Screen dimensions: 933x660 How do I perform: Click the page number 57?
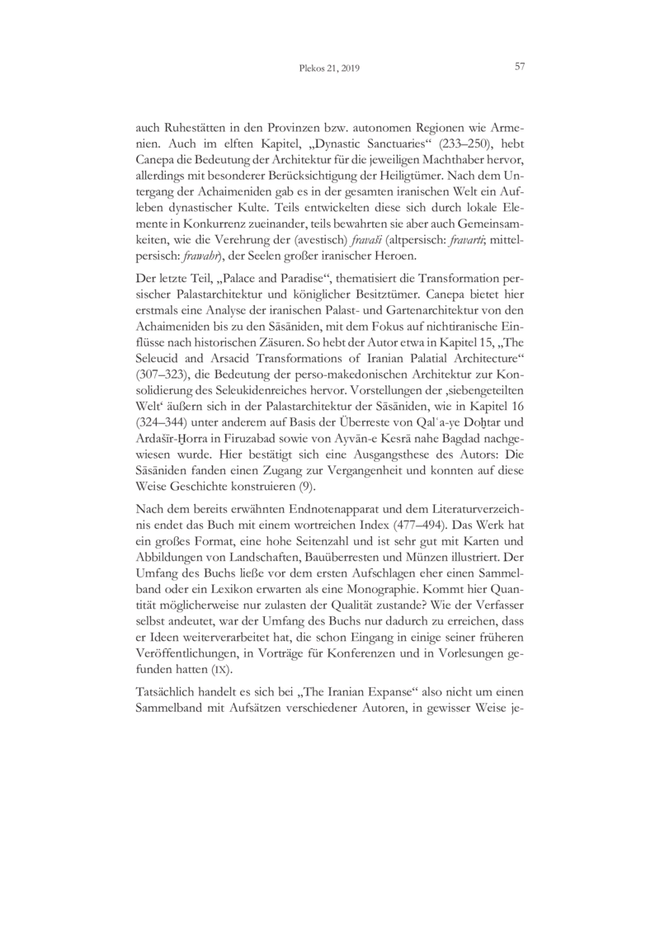pyautogui.click(x=520, y=67)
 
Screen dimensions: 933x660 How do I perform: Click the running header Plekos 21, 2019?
pyautogui.click(x=329, y=69)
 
